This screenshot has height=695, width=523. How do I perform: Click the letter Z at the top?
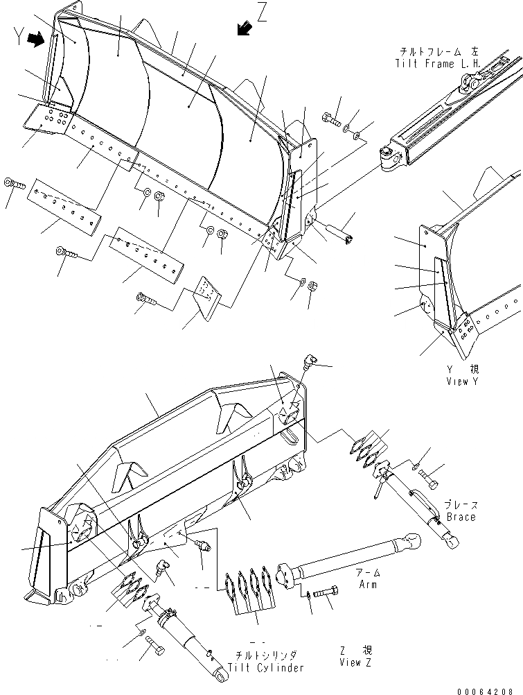pos(261,13)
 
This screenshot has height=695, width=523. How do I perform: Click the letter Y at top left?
pos(19,40)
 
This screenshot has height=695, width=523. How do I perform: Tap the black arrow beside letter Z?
pos(243,28)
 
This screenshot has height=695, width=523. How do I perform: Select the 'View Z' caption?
pos(355,663)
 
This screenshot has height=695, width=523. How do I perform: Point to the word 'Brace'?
pos(461,517)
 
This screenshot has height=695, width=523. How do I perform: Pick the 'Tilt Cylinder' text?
pos(270,667)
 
